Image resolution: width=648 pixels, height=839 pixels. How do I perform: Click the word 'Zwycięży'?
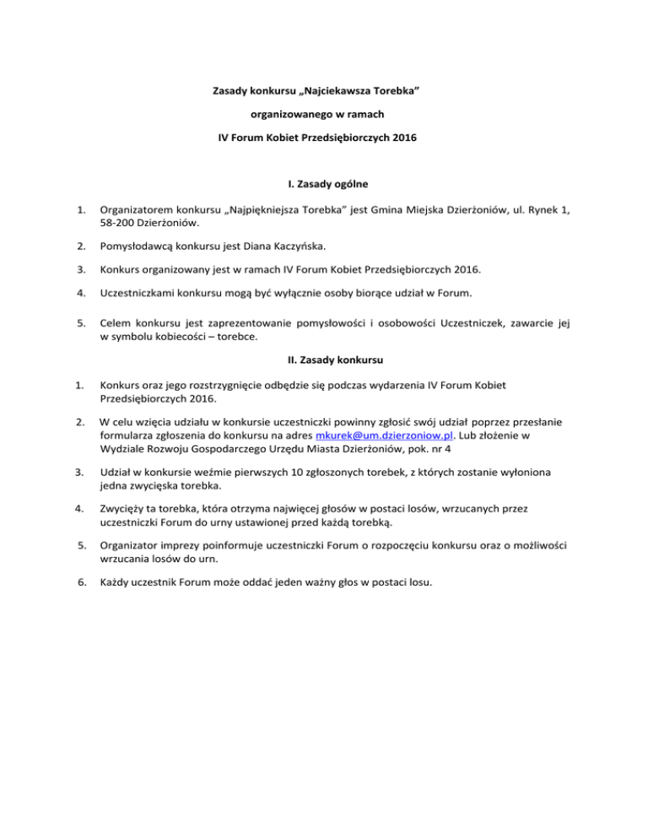123,509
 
